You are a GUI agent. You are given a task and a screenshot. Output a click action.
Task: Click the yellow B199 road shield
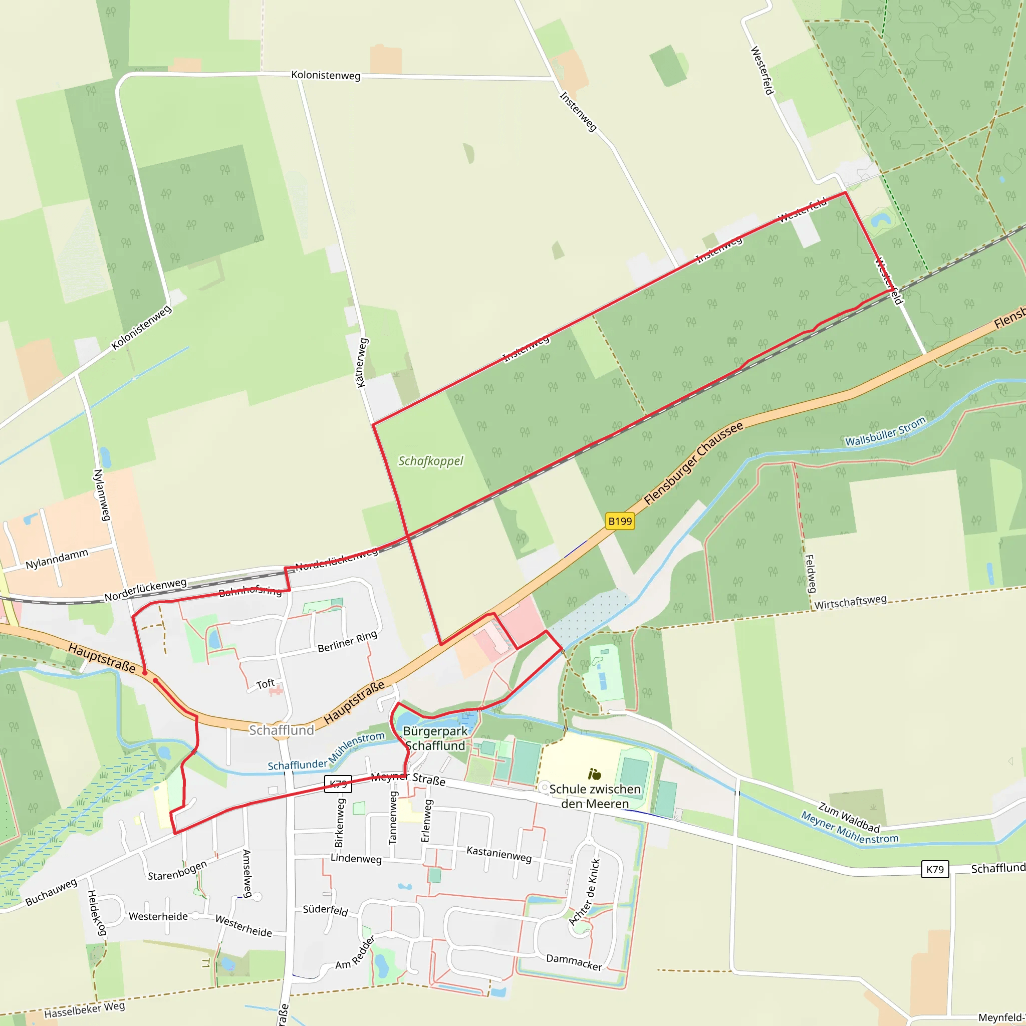click(620, 521)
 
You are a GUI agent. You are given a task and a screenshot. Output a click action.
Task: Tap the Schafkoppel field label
click(431, 461)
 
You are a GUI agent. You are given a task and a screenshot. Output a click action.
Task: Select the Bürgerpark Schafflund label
click(435, 738)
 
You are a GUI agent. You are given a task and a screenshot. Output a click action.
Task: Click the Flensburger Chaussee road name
click(693, 463)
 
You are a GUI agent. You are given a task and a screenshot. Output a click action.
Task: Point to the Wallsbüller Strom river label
click(885, 431)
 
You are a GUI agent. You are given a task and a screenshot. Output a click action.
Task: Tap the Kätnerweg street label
click(361, 363)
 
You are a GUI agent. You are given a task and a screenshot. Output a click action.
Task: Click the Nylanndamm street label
click(57, 559)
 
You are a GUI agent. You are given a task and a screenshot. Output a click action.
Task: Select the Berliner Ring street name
click(347, 641)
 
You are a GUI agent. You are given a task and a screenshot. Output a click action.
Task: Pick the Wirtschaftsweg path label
click(850, 602)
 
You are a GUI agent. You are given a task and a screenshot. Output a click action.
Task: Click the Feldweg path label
click(811, 574)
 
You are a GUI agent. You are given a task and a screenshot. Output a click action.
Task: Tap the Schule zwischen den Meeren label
click(595, 796)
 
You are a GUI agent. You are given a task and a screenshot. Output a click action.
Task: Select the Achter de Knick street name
click(585, 892)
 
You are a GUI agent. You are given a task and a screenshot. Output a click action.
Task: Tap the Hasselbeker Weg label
click(85, 1009)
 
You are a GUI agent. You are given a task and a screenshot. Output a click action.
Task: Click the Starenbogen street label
click(177, 870)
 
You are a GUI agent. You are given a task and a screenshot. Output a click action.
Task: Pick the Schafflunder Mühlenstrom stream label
click(326, 751)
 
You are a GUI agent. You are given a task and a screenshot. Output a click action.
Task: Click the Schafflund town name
click(282, 730)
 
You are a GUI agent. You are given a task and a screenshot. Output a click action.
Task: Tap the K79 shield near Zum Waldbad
click(935, 869)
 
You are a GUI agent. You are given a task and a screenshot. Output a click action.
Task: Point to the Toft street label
click(266, 683)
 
